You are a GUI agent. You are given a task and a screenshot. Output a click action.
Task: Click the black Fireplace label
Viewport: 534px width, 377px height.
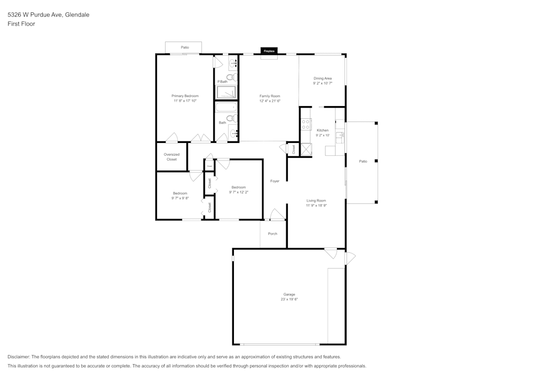point(269,51)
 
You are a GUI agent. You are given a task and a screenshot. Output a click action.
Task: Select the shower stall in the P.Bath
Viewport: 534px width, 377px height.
point(226,93)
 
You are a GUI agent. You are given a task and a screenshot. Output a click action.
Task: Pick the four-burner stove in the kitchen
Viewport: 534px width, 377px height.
point(306,125)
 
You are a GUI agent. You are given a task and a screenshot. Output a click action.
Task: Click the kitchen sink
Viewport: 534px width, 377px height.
point(339,135)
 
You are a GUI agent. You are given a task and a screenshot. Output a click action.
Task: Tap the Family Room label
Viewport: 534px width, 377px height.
point(270,96)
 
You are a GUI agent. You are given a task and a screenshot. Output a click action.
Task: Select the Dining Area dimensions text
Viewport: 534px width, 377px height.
point(323,83)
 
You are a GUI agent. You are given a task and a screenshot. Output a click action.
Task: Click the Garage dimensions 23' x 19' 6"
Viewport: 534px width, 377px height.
point(289,299)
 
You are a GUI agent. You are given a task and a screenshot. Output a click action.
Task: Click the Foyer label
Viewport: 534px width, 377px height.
point(274,181)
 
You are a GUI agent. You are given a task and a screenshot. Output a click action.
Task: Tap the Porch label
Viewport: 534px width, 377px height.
point(272,234)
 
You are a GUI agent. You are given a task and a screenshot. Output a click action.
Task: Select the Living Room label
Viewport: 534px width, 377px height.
point(316,200)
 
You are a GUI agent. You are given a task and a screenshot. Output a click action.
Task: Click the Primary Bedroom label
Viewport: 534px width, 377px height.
point(185,96)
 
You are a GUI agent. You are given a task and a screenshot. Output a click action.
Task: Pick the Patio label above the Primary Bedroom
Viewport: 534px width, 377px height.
point(185,47)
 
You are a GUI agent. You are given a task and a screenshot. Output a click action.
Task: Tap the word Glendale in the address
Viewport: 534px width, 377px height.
point(77,15)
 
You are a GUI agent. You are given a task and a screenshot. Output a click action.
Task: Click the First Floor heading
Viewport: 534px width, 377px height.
point(21,24)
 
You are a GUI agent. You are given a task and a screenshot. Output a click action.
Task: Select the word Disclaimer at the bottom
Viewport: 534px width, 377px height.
point(18,357)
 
